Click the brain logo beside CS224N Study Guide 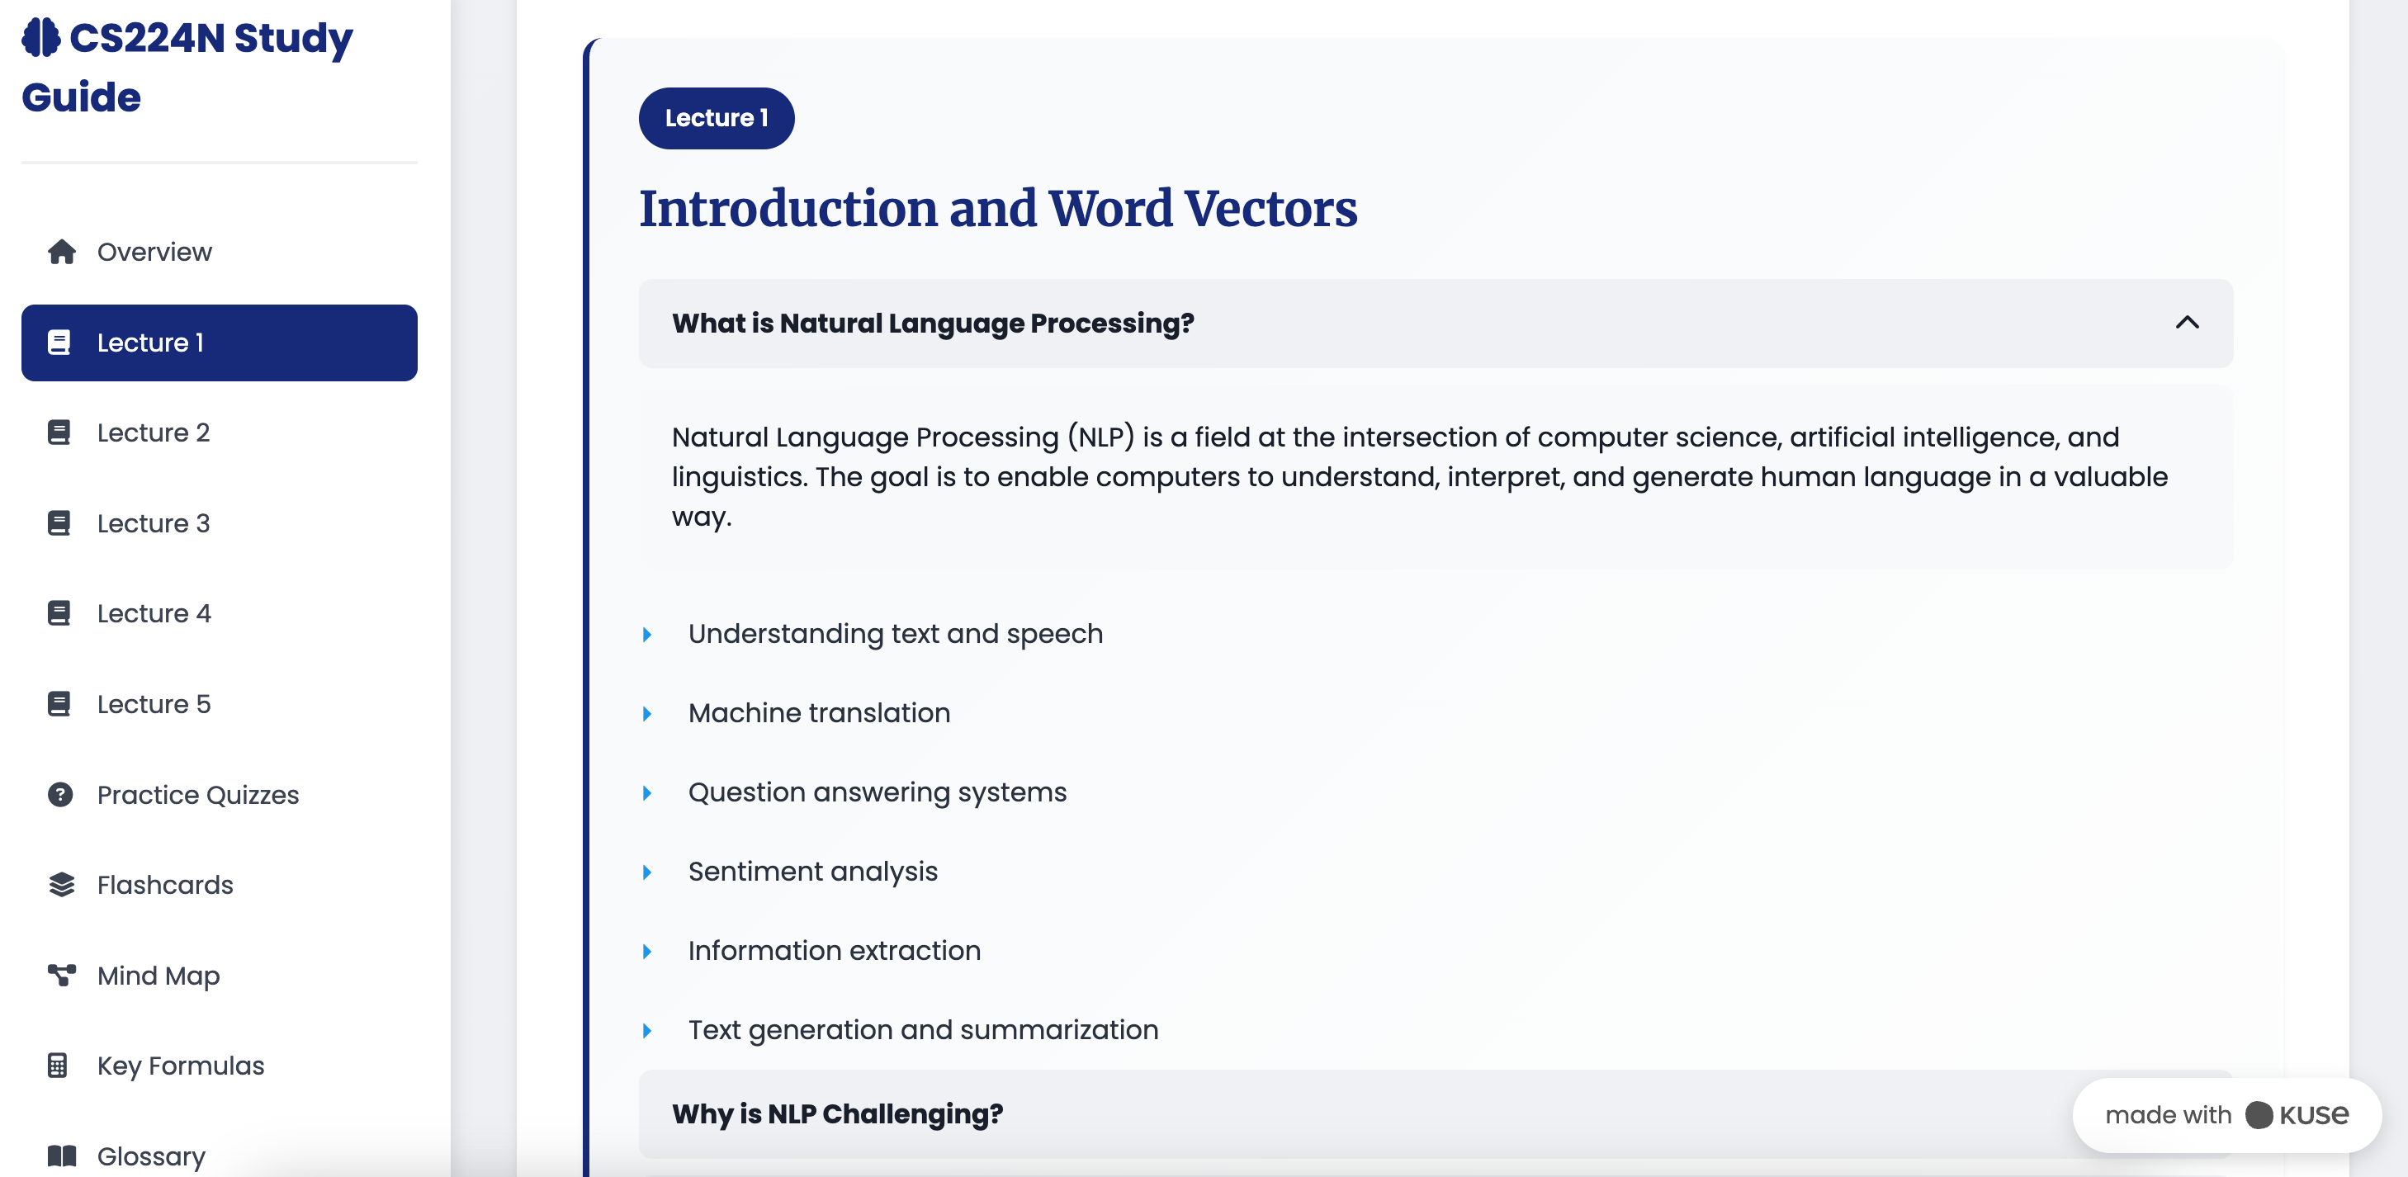coord(41,37)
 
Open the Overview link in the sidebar coord(154,253)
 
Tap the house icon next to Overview coord(62,253)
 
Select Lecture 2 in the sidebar coord(154,433)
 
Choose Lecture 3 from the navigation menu coord(154,523)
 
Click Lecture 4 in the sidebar coord(154,613)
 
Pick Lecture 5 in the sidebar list coord(154,704)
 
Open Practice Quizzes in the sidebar coord(198,795)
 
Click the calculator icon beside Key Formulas coord(58,1066)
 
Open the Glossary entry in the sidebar coord(151,1156)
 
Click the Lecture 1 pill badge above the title coord(716,118)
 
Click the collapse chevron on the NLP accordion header coord(2187,323)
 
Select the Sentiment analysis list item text coord(812,872)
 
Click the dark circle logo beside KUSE coord(2259,1114)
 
